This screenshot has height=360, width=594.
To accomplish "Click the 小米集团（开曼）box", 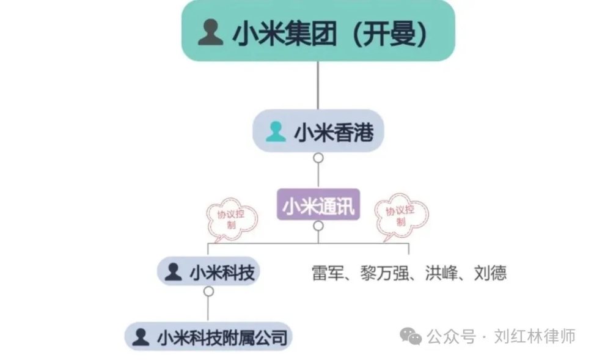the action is coord(318,31).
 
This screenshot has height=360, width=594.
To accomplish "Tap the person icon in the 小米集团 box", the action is coord(211,32).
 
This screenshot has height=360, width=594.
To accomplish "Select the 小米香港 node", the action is coord(318,131).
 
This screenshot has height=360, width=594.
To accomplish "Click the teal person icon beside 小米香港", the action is coord(276,131).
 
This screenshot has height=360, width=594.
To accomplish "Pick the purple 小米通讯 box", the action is coord(318,205).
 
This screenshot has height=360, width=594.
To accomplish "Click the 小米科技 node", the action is coord(208,271).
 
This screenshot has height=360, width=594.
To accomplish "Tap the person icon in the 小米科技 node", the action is coord(174,272).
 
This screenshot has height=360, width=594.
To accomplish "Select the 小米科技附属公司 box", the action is coord(208,337).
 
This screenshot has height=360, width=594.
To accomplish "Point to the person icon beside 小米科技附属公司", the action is coord(141,337).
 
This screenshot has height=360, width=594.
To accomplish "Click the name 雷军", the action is coord(328,273).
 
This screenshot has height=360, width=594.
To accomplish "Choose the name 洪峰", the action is coord(441,273).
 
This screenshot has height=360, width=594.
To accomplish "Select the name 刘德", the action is coord(490,273).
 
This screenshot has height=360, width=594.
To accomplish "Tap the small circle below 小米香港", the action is coord(318,158).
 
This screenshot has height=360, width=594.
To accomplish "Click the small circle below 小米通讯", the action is coord(318,226).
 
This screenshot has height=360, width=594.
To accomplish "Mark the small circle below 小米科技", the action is coord(208,292).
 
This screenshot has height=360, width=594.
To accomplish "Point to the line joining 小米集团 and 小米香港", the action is coord(318,86).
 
